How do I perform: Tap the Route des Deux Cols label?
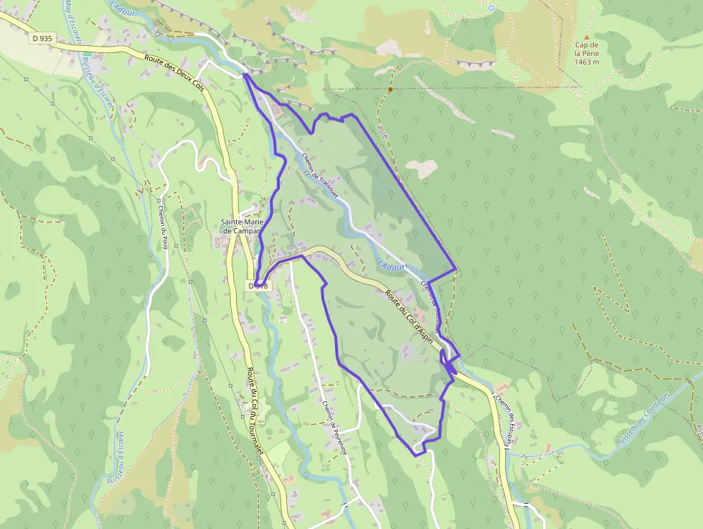[174, 73]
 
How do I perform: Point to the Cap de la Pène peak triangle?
[586, 36]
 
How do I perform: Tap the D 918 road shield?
[258, 286]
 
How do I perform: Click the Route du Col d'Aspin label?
[409, 314]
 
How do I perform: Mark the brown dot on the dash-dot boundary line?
[390, 90]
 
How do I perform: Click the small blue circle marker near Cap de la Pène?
[491, 8]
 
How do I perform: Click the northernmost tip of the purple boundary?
[244, 74]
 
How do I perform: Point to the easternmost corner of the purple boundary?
[457, 271]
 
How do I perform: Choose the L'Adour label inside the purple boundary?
[391, 264]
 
